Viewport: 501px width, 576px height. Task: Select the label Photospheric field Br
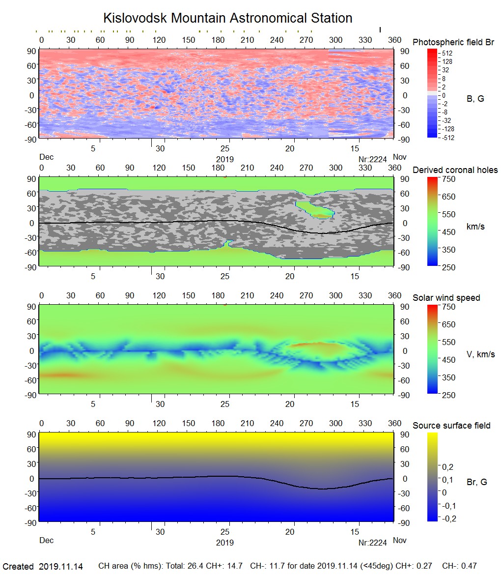(453, 42)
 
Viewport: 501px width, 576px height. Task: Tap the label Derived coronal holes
(455, 170)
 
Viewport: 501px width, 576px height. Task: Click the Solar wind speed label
(446, 298)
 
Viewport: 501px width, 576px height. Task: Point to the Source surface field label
(451, 426)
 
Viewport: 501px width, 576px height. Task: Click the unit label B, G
(475, 99)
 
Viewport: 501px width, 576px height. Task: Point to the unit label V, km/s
(480, 354)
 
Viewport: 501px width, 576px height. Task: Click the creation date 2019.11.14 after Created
(60, 567)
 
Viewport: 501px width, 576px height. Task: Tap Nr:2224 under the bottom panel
(373, 543)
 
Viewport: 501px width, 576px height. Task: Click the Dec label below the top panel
(46, 157)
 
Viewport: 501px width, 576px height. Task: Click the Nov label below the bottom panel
(399, 540)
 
